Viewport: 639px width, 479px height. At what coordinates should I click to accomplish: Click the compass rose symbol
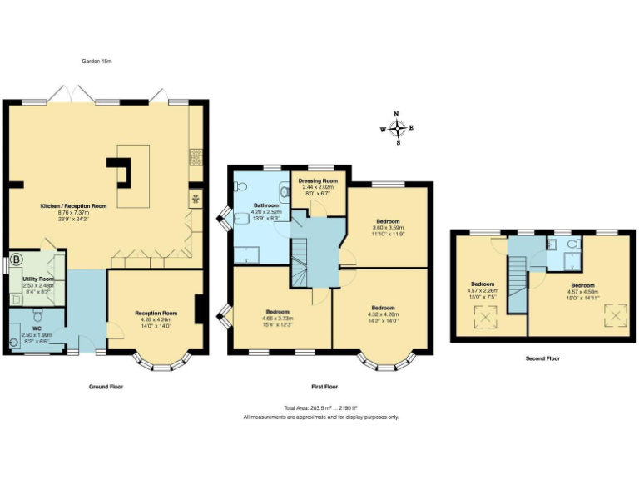[x=397, y=128]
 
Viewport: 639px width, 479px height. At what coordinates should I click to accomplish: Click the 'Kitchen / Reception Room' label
[x=73, y=205]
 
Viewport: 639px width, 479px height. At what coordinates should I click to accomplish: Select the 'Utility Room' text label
[x=38, y=279]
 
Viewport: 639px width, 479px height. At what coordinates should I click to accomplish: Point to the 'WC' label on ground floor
[x=36, y=328]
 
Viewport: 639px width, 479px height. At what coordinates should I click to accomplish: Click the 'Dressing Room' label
[x=319, y=180]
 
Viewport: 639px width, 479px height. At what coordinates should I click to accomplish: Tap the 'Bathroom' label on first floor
[x=266, y=205]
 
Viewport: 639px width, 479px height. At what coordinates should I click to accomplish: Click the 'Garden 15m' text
[x=97, y=62]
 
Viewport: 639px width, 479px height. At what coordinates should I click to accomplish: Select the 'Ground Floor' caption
[x=106, y=387]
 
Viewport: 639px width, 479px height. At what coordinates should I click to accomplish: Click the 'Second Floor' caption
[x=542, y=358]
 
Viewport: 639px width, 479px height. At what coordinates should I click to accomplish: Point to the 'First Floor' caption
[x=325, y=387]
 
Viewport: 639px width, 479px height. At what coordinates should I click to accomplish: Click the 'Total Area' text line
[x=320, y=408]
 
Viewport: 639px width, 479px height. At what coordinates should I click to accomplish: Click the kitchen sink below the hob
[x=196, y=200]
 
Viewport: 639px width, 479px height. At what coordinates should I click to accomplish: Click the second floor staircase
[x=518, y=284]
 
